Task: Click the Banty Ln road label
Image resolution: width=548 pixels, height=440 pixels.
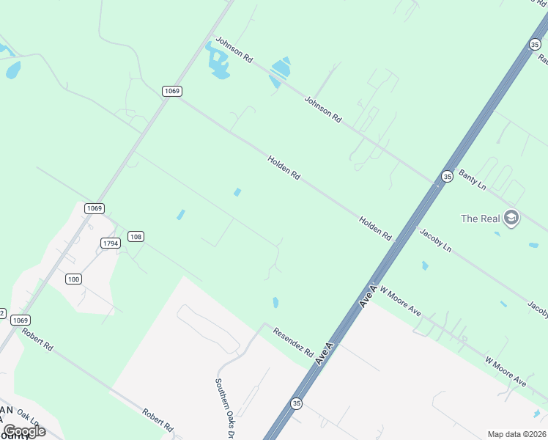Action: tap(472, 180)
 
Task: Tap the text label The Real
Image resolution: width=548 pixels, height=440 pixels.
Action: tap(480, 218)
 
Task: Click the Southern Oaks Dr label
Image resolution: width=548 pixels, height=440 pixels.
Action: tap(224, 406)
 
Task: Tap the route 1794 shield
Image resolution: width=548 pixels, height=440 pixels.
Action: tap(110, 243)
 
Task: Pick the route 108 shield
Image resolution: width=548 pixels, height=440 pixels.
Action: tap(135, 236)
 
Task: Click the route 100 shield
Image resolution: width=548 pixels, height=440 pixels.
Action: tap(73, 279)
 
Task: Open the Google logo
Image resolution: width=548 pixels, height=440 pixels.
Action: tap(24, 430)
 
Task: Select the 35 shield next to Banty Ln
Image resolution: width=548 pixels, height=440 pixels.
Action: tap(447, 176)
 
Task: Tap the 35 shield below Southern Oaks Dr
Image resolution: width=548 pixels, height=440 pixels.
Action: tap(296, 403)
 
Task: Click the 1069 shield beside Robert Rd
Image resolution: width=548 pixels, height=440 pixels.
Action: tap(21, 320)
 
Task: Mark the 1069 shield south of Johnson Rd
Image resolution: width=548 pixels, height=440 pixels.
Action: tap(172, 91)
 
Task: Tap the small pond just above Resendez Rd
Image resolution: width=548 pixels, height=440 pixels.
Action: tap(275, 302)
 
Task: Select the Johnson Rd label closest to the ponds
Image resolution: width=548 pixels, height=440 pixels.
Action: tap(233, 51)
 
